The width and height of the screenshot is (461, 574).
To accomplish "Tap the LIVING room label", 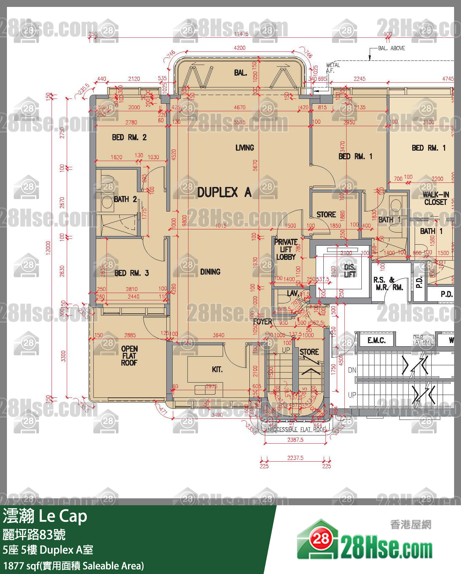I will [245, 148].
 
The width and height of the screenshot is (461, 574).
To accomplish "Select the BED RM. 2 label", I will [129, 137].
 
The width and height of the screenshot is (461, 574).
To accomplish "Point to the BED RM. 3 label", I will [131, 273].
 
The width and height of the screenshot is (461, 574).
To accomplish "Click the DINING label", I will [210, 272].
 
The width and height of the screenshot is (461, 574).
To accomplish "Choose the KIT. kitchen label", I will [217, 369].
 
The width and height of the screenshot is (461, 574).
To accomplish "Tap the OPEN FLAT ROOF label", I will [129, 356].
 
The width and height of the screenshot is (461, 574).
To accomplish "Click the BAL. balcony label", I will [240, 73].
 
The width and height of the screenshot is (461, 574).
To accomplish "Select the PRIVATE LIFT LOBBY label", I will [286, 249].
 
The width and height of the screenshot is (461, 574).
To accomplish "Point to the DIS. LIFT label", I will [350, 271].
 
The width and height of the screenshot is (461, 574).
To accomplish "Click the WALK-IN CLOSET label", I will [435, 198].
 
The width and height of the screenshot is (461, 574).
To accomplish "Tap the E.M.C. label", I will [376, 340].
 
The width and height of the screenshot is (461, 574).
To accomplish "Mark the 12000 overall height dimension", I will [48, 247].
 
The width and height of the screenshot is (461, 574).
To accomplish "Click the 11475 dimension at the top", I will [241, 34].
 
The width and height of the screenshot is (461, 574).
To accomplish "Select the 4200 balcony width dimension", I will [239, 48].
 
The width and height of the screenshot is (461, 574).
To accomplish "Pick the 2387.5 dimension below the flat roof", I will [295, 440].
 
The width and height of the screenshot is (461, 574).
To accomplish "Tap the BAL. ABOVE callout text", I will [391, 48].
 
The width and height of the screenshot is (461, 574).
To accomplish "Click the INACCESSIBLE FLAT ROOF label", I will [295, 429].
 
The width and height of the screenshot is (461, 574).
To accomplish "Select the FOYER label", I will [262, 321].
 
